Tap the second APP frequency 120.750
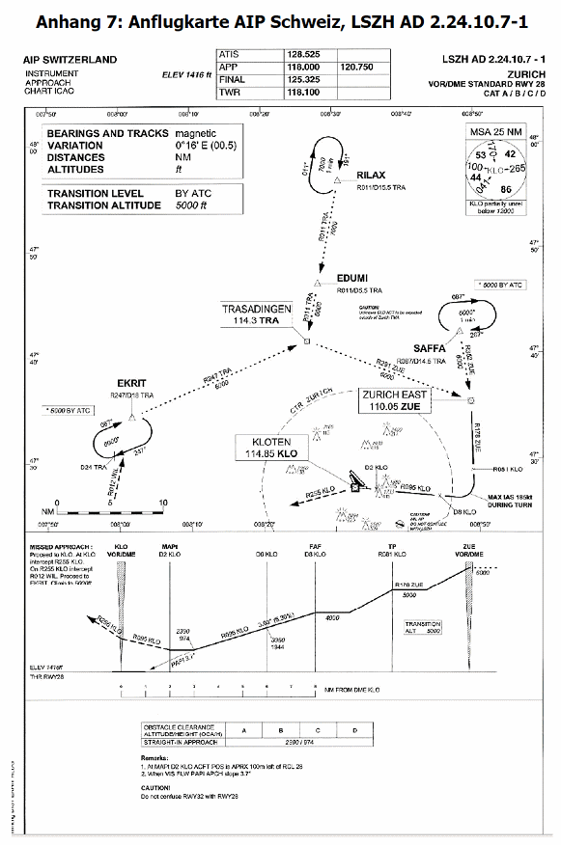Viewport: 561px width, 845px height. click(x=357, y=68)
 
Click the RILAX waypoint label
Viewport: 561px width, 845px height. click(x=371, y=175)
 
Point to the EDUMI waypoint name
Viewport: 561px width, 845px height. click(x=351, y=278)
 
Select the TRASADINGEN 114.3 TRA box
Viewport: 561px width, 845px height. click(x=257, y=313)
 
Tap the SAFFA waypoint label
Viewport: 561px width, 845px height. click(x=429, y=348)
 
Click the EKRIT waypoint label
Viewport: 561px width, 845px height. click(x=132, y=383)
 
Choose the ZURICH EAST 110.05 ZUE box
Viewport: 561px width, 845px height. click(x=394, y=400)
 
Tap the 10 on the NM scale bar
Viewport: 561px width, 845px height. click(x=164, y=503)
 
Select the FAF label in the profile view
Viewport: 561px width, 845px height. click(x=315, y=546)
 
